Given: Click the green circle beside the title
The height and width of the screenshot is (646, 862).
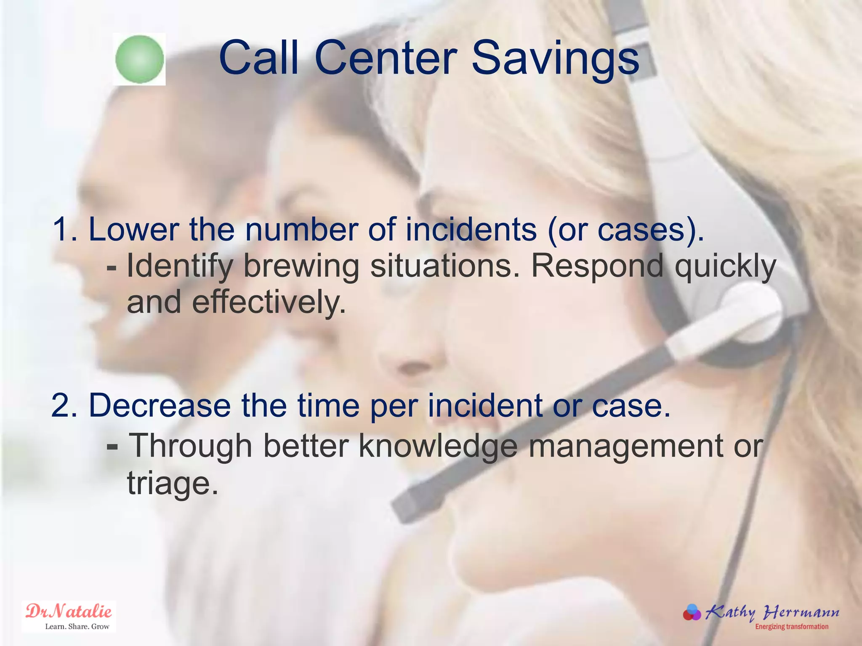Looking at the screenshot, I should point(139,59).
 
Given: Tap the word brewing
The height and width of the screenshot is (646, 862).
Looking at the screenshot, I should point(301,267).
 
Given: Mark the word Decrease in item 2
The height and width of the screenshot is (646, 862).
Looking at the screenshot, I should point(160,405).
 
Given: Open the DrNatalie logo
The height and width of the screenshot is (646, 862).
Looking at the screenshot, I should point(69,616).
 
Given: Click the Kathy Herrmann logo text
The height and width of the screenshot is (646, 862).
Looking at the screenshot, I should point(772,612).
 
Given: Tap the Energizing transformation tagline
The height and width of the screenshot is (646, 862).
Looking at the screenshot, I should point(791,627).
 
